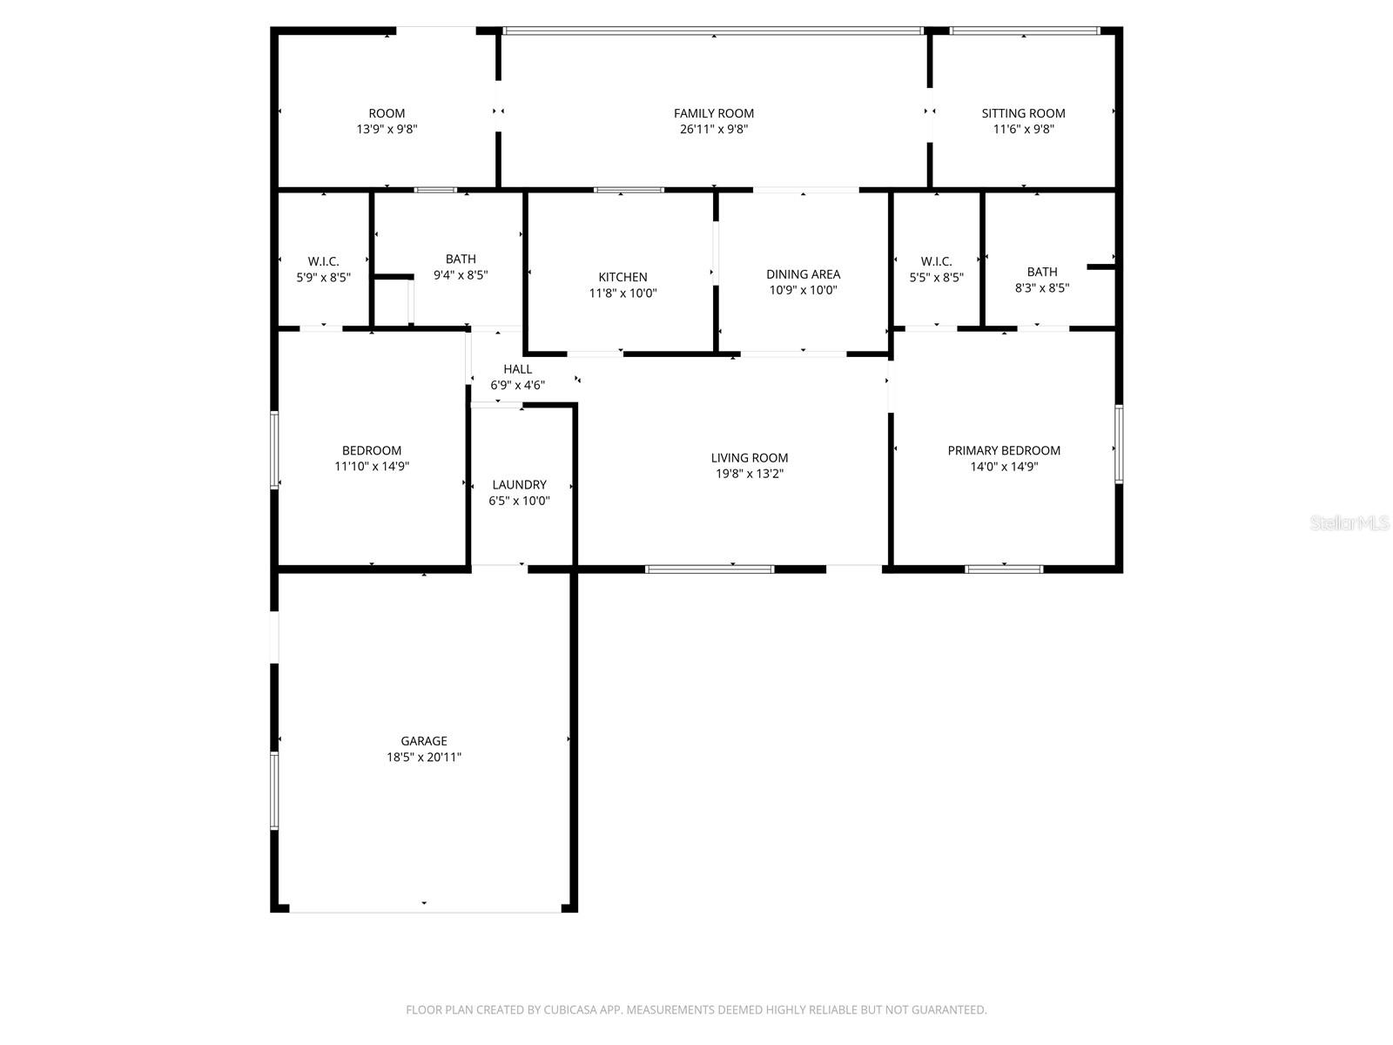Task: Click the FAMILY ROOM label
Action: [x=713, y=113]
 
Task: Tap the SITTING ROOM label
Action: [x=1023, y=113]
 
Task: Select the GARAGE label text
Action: [x=423, y=740]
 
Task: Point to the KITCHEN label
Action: [x=622, y=277]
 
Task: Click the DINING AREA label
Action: [x=803, y=274]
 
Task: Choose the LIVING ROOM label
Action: [x=749, y=457]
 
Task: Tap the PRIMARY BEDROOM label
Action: [x=1003, y=450]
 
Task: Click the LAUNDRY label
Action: [x=519, y=485]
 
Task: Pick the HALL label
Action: [x=517, y=369]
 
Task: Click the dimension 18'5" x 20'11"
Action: [x=423, y=757]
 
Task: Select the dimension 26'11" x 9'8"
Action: [x=713, y=130]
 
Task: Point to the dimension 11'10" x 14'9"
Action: [x=371, y=467]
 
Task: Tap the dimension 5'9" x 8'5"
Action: [x=323, y=277]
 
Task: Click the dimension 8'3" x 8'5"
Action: [x=1041, y=288]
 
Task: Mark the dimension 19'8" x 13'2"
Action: [x=749, y=474]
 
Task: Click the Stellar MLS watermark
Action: [x=1349, y=522]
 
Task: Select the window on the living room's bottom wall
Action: [x=709, y=570]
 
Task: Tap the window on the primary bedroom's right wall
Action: [x=1118, y=444]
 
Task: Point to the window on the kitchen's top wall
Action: [x=629, y=190]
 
